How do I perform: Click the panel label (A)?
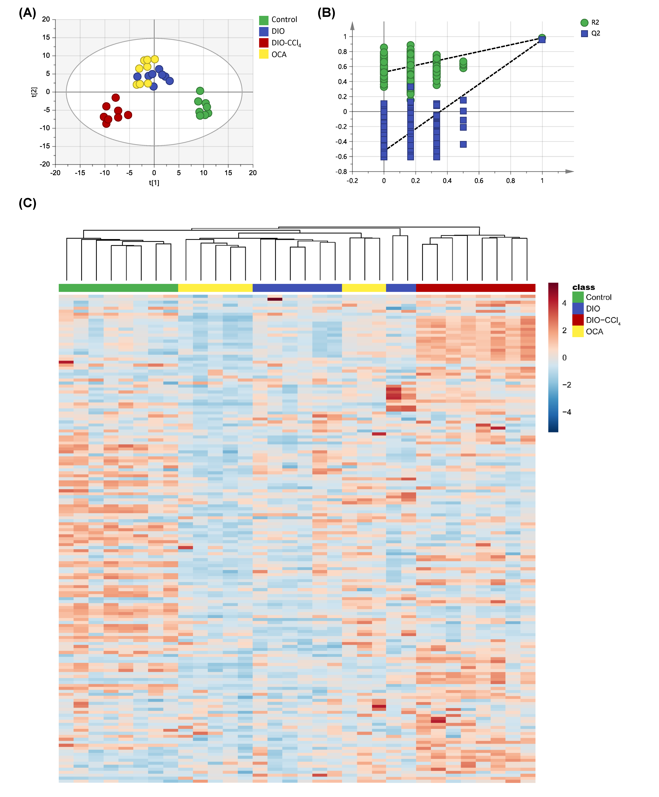(27, 13)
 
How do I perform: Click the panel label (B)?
(326, 13)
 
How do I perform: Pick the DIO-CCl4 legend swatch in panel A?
(264, 43)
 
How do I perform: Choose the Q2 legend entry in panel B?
(595, 33)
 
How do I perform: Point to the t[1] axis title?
(154, 183)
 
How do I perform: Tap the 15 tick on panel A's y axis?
(46, 37)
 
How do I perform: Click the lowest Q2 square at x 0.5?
(463, 144)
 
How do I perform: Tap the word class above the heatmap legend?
(583, 287)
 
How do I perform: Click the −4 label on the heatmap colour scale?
(566, 412)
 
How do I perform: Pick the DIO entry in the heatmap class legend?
(592, 309)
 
